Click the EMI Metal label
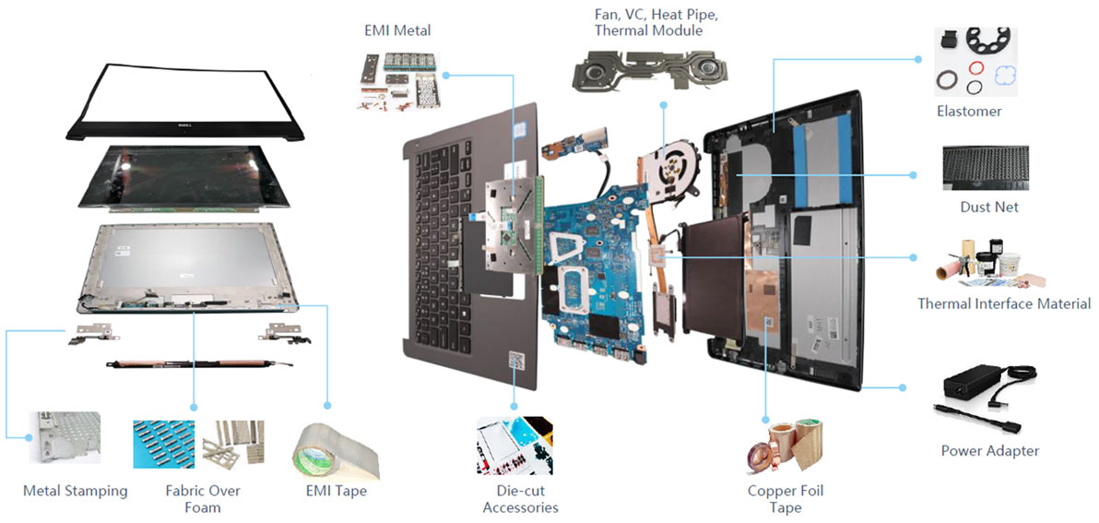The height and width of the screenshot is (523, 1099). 396,30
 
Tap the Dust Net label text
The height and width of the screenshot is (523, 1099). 989,207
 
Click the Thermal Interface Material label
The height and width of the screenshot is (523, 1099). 1004,303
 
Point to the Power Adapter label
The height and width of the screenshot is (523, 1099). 989,450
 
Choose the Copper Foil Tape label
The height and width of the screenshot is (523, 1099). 786,499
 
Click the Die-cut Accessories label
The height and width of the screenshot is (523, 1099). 520,499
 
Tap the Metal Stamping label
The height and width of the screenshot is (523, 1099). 76,490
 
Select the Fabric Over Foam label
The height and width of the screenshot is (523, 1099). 193,498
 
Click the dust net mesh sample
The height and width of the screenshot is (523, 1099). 986,168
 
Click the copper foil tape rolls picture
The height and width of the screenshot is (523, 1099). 784,445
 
